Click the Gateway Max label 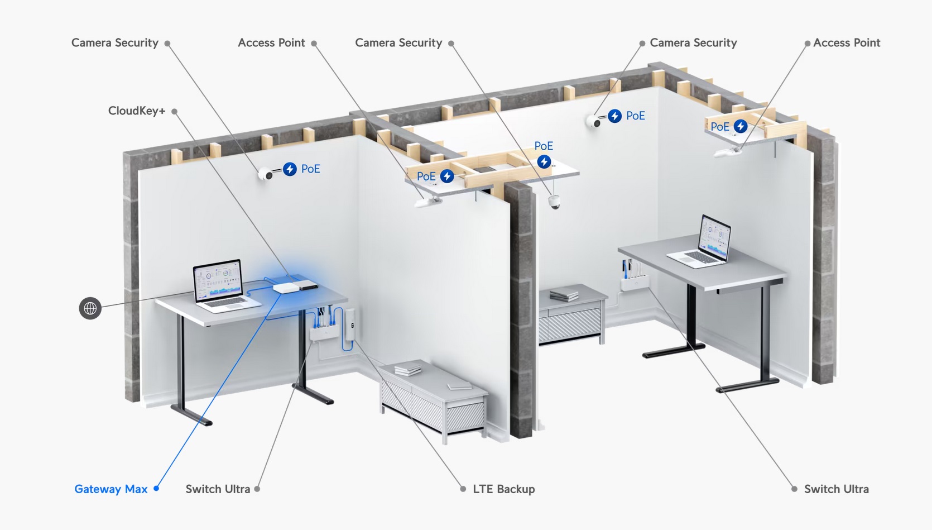coord(111,489)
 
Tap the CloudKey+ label coord(137,111)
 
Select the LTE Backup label coord(504,489)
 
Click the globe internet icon coord(90,308)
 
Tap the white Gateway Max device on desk coord(286,288)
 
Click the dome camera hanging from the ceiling coord(554,202)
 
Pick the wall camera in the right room coord(593,121)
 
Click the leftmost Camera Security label coord(115,43)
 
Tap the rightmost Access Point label coord(847,43)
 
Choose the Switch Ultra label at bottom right coord(837,489)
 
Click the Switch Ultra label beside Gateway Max coord(218,489)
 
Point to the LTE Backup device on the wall coord(349,324)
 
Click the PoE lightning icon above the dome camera coord(544,161)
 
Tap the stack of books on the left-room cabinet coord(408,369)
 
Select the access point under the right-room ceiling coord(728,152)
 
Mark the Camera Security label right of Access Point coord(398,43)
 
